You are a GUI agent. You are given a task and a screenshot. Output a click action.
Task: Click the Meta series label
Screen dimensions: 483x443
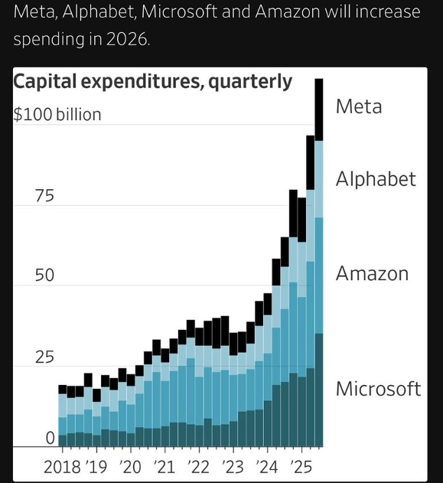click(358, 106)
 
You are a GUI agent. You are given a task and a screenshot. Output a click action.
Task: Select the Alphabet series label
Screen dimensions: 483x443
click(376, 179)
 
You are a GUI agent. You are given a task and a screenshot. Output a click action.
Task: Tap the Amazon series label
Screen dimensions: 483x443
click(372, 273)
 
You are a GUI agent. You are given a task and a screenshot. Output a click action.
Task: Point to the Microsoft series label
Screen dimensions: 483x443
click(378, 388)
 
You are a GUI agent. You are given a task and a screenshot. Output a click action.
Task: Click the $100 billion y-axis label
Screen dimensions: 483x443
click(57, 115)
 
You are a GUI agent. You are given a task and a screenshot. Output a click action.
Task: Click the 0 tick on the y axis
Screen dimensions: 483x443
click(50, 439)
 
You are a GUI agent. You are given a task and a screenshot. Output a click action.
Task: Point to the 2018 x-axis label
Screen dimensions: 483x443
click(63, 466)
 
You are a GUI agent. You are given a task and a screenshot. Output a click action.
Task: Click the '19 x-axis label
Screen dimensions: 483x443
click(96, 466)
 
